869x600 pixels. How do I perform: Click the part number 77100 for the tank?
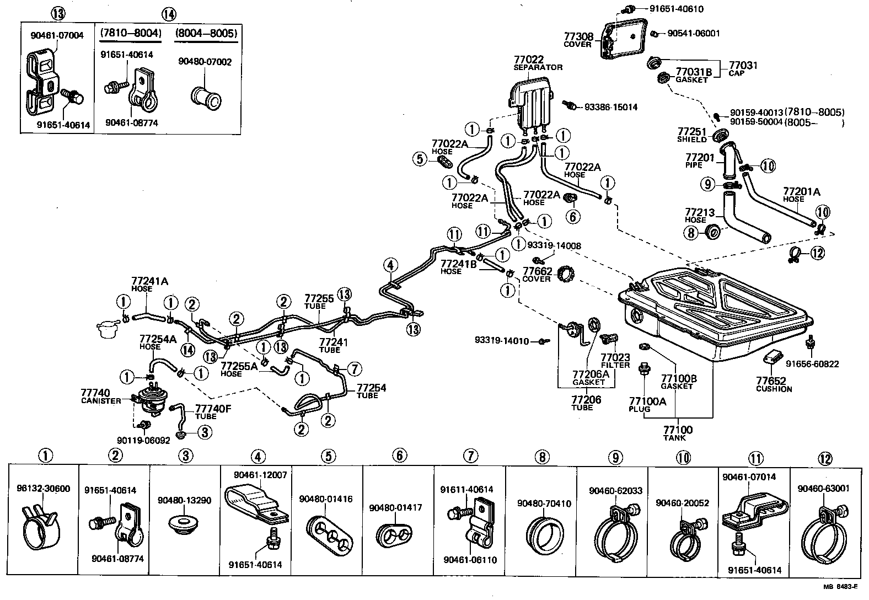click(x=678, y=429)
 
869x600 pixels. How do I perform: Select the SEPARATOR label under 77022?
click(x=538, y=67)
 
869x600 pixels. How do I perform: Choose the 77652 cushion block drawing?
click(x=773, y=357)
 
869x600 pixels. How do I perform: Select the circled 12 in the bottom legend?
click(x=825, y=458)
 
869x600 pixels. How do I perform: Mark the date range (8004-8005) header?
click(x=206, y=34)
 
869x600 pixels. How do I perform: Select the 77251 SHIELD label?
click(x=692, y=135)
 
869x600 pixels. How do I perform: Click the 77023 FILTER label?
click(x=615, y=361)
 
